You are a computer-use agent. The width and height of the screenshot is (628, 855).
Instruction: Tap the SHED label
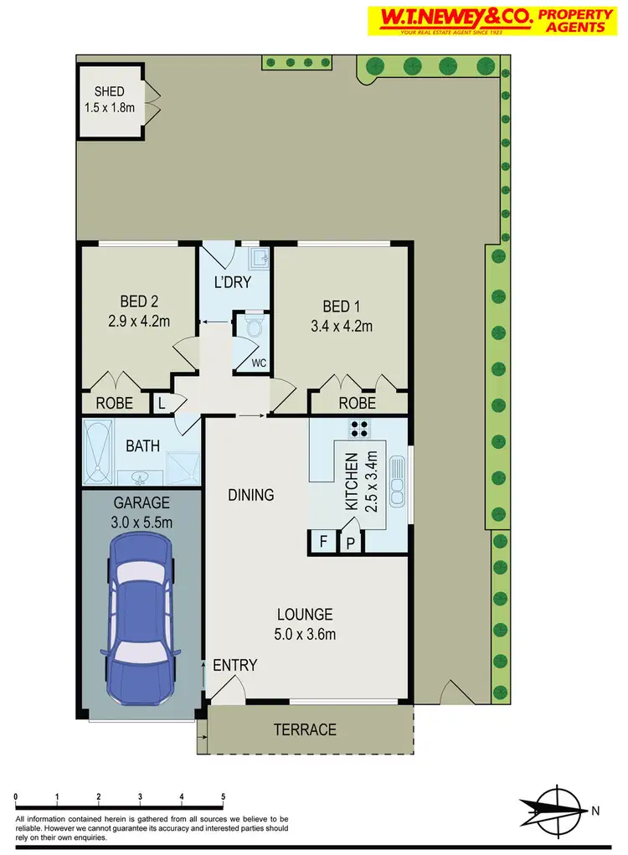click(x=109, y=92)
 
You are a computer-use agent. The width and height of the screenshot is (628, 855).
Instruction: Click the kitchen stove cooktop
click(x=360, y=429)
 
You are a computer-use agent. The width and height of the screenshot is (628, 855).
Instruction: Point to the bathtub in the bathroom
click(x=99, y=453)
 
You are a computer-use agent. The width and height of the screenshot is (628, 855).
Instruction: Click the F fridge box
click(x=322, y=541)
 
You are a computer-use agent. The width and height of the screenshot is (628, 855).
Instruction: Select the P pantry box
click(x=351, y=542)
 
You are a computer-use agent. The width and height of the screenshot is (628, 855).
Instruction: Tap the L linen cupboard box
click(x=162, y=404)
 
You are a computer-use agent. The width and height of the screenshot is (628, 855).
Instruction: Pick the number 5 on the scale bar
click(x=223, y=796)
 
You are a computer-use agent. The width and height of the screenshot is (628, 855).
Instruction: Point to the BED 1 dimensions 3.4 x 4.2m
click(x=341, y=326)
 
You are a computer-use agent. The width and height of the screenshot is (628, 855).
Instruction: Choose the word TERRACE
click(x=305, y=729)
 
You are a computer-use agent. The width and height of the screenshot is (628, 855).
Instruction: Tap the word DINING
click(x=251, y=495)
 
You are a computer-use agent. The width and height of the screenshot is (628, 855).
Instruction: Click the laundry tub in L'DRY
click(x=260, y=257)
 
